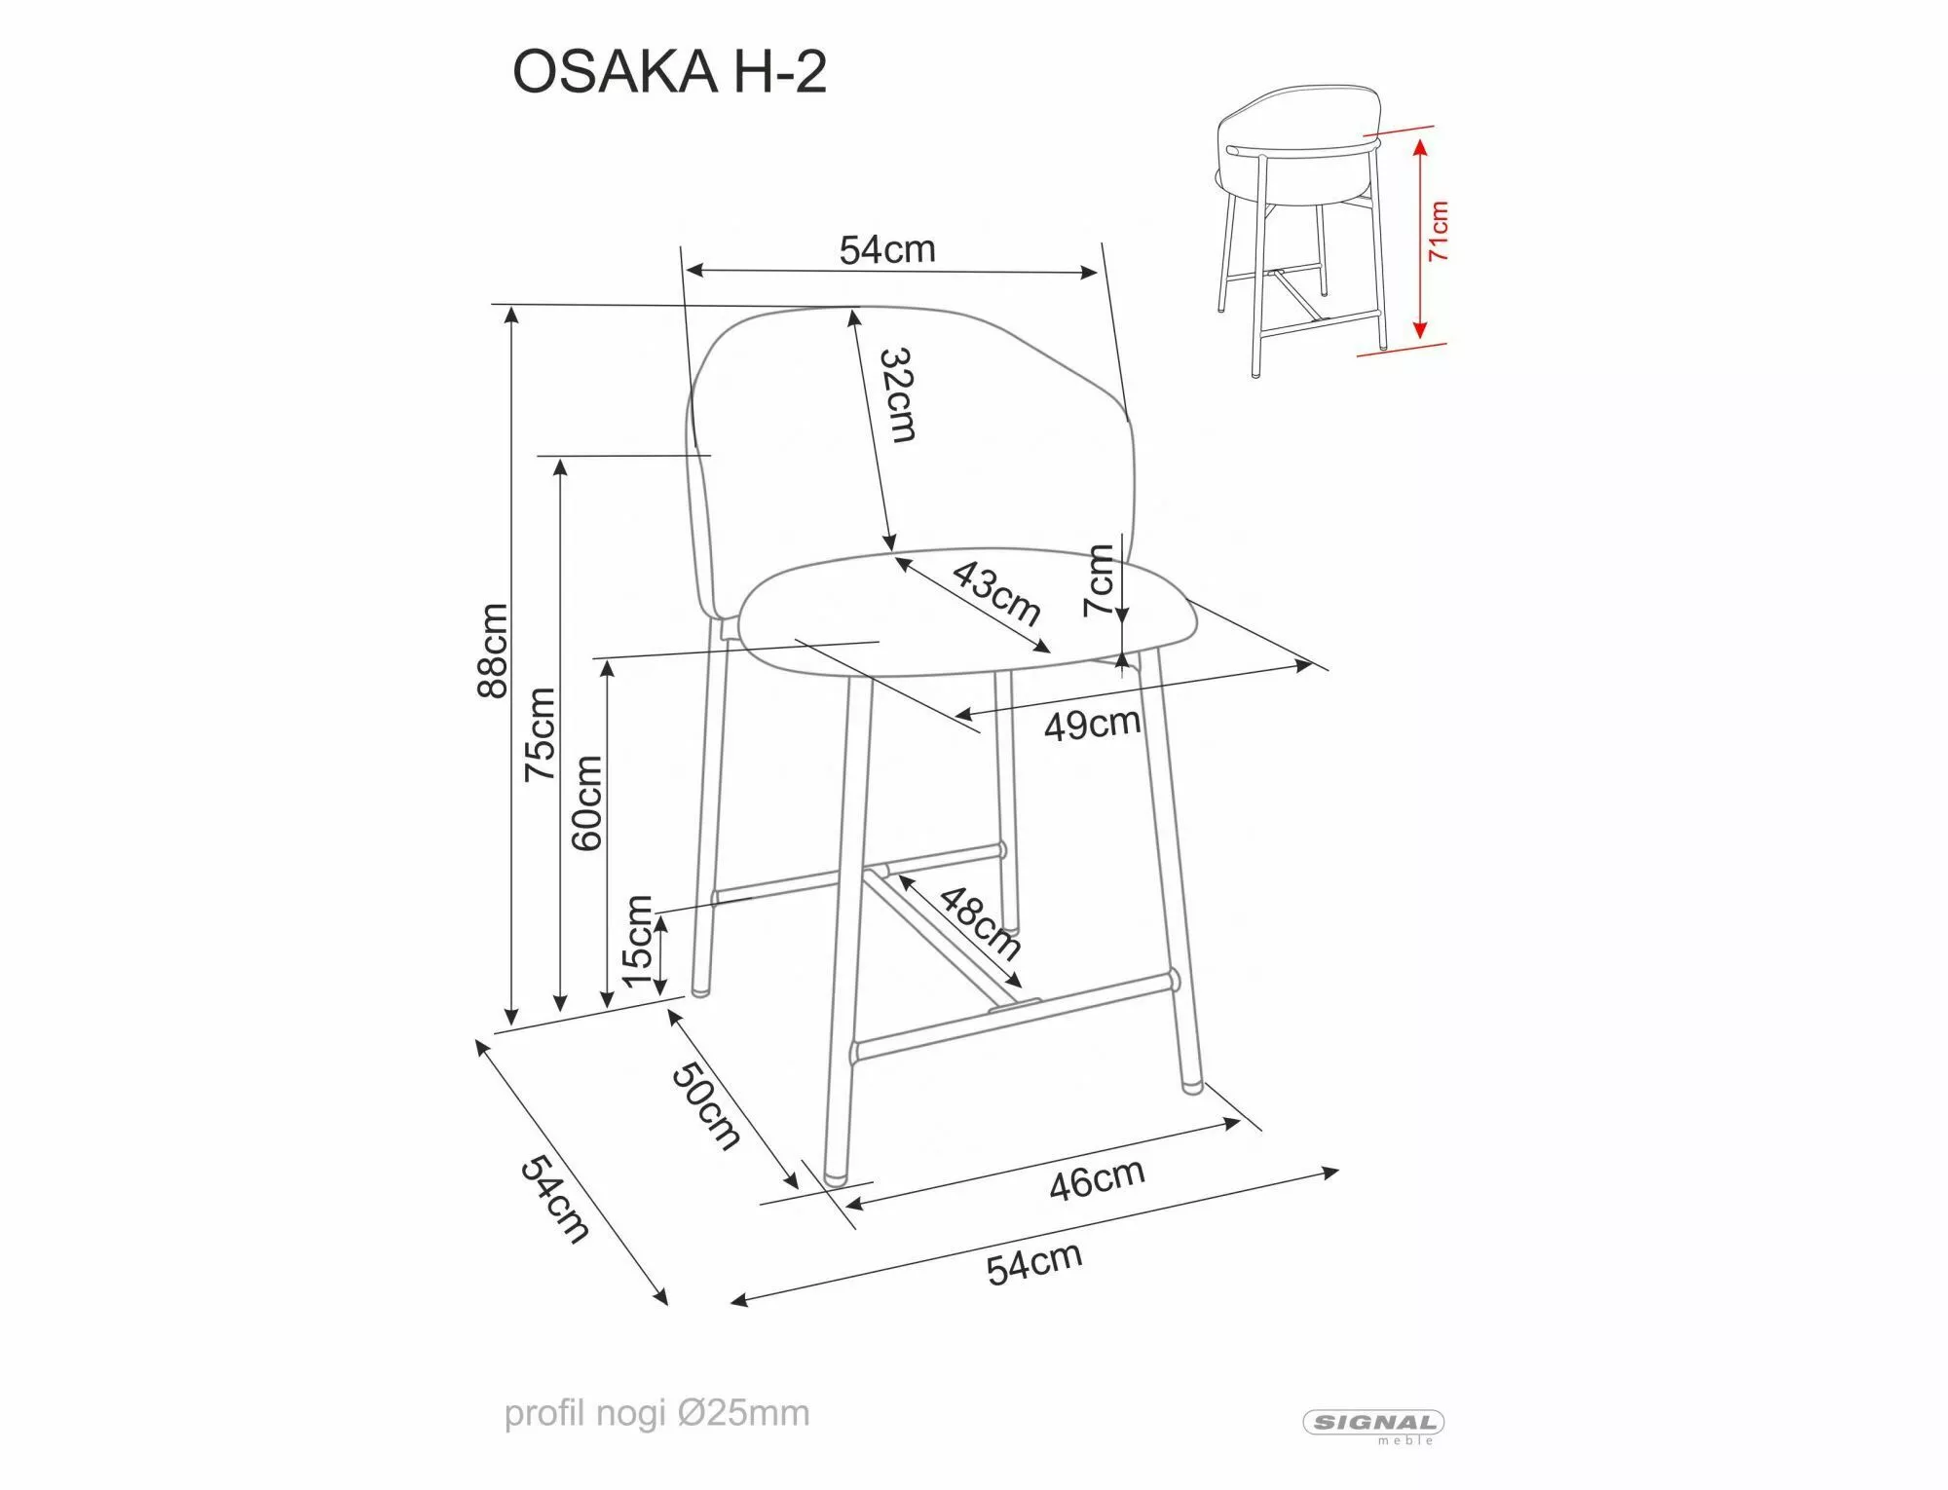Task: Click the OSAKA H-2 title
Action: point(669,72)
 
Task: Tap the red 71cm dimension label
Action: point(1439,231)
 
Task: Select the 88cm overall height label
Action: point(493,650)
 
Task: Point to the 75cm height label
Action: point(541,733)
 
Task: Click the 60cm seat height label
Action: point(586,803)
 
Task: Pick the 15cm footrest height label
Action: point(637,941)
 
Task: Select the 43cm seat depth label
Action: point(996,592)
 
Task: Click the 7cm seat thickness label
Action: point(1099,580)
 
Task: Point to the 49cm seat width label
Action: point(1092,725)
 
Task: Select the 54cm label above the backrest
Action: point(887,250)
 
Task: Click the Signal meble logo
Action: point(1373,1424)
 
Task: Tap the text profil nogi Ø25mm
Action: point(656,1413)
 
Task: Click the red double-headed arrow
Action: point(1419,237)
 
